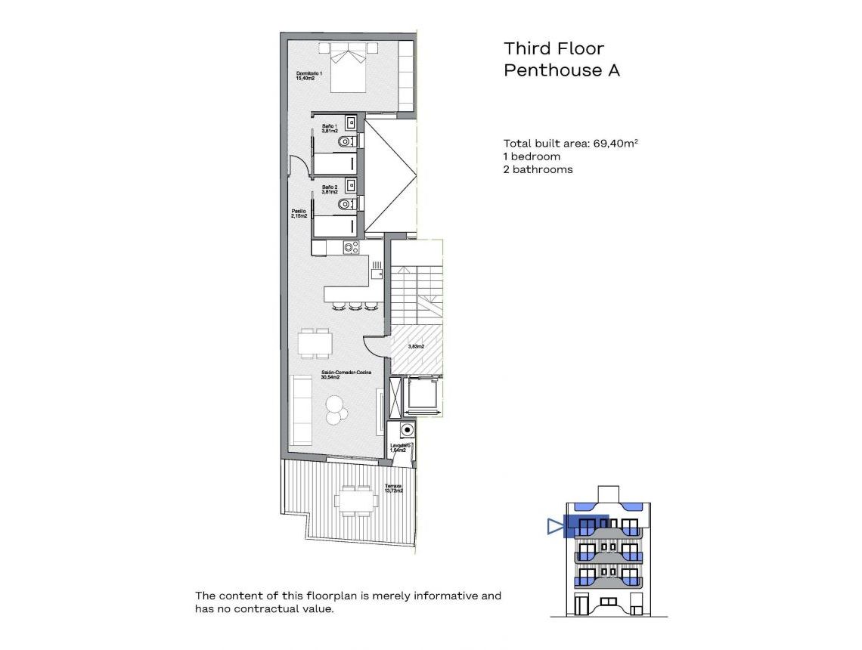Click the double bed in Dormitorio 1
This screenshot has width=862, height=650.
pyautogui.click(x=348, y=70)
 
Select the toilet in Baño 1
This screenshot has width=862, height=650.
pyautogui.click(x=346, y=141)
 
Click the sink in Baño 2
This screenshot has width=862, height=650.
pyautogui.click(x=350, y=184)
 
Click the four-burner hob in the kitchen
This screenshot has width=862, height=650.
pyautogui.click(x=351, y=247)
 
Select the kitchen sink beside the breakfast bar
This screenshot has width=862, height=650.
pyautogui.click(x=377, y=266)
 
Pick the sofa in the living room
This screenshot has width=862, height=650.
pyautogui.click(x=302, y=410)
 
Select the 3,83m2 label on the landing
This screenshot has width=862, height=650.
pyautogui.click(x=415, y=346)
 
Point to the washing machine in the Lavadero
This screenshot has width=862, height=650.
pyautogui.click(x=408, y=430)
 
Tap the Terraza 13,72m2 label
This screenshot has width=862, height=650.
pyautogui.click(x=393, y=488)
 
